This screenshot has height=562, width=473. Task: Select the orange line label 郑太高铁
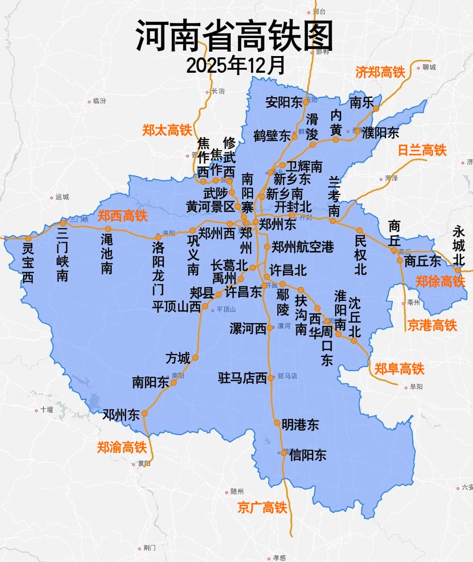[167, 130]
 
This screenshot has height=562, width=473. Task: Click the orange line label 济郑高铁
[380, 72]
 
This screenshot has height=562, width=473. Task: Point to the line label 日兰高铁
[422, 150]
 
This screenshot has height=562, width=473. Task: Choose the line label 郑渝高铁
[121, 447]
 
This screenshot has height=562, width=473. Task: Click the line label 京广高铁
[262, 507]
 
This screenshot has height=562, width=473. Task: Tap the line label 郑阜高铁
[399, 369]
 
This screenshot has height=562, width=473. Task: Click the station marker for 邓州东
[145, 414]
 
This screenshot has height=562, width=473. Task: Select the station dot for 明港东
[277, 423]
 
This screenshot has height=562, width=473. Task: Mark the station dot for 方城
[195, 357]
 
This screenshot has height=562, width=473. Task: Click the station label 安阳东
[284, 102]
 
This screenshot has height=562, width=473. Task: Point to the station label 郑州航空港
[303, 247]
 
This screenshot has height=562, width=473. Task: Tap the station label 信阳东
[307, 455]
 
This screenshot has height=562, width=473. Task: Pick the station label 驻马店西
[242, 378]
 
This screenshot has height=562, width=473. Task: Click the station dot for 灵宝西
[28, 239]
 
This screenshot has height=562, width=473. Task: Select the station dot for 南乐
[376, 108]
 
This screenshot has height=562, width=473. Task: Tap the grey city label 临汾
[99, 101]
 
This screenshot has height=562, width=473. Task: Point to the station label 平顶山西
[176, 306]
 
